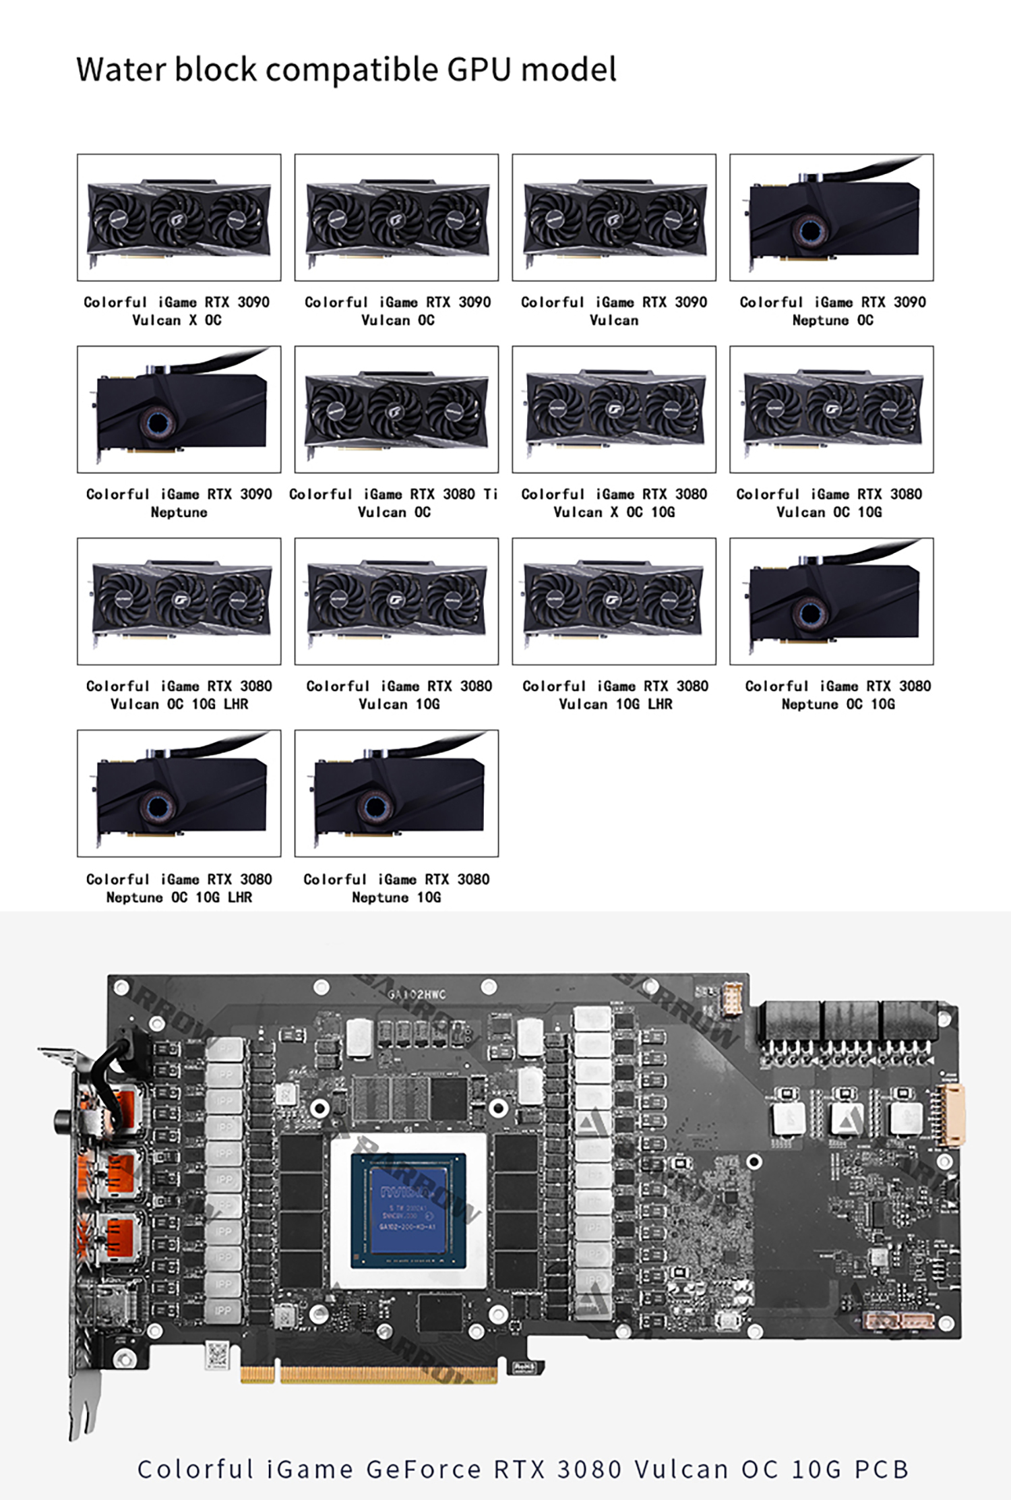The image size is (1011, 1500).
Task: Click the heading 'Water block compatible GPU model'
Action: (346, 69)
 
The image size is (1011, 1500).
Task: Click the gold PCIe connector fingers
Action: (369, 1374)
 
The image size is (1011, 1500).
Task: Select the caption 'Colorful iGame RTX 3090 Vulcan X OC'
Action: (177, 311)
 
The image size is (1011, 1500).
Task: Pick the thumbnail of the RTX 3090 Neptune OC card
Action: (831, 217)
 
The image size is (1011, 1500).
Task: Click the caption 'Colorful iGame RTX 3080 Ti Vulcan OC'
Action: (394, 503)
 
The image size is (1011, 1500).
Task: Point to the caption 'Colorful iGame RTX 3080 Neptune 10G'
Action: (396, 888)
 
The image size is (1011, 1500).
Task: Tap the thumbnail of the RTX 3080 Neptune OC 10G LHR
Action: (179, 793)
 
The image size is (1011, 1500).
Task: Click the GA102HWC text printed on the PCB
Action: (417, 994)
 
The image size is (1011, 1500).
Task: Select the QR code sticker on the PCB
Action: (217, 1355)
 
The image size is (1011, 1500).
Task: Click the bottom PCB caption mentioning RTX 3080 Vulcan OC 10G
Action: (523, 1468)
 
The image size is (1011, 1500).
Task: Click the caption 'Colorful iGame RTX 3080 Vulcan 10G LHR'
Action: (615, 695)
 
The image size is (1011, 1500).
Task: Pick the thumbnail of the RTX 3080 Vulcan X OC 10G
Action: (614, 409)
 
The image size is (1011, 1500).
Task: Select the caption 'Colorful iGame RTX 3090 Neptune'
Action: (179, 503)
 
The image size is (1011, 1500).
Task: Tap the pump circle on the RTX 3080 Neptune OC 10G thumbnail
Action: (810, 613)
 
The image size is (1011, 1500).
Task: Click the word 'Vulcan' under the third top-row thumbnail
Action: (613, 320)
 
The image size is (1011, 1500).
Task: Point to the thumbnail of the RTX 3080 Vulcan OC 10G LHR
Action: (179, 601)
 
